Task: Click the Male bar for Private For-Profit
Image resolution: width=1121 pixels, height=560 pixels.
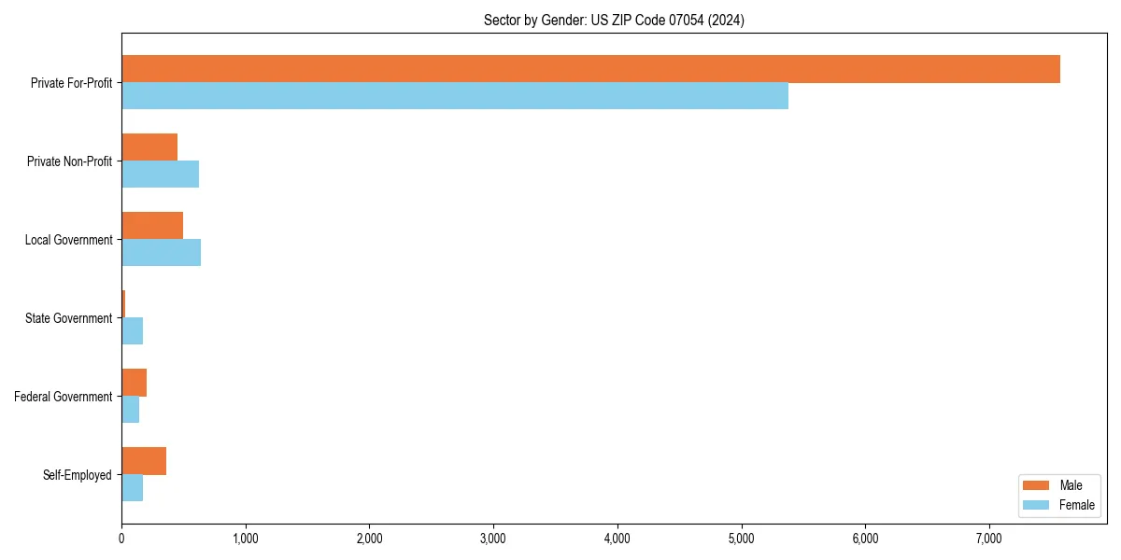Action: pyautogui.click(x=590, y=69)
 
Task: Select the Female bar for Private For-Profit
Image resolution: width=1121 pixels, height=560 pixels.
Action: pyautogui.click(x=455, y=96)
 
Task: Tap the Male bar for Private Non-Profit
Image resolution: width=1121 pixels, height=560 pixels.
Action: pyautogui.click(x=149, y=147)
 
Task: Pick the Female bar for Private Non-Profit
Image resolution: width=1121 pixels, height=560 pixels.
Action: pyautogui.click(x=160, y=175)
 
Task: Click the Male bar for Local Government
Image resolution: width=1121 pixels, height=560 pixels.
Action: pyautogui.click(x=152, y=226)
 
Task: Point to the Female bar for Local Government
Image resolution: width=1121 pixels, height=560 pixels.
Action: pyautogui.click(x=161, y=253)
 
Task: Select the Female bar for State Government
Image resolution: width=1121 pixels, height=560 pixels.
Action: pyautogui.click(x=132, y=331)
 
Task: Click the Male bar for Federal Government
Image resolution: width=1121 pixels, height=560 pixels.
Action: pyautogui.click(x=134, y=383)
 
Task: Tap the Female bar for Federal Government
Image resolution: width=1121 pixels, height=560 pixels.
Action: pyautogui.click(x=130, y=410)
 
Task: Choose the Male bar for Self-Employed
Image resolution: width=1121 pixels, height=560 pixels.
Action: pyautogui.click(x=144, y=461)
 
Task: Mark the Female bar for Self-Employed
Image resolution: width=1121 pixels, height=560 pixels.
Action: pyautogui.click(x=132, y=488)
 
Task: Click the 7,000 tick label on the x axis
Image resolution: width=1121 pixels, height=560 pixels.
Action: pyautogui.click(x=988, y=539)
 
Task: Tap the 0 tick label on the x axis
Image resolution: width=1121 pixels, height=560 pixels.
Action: pyautogui.click(x=121, y=539)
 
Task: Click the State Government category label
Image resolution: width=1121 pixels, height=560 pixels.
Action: pyautogui.click(x=68, y=318)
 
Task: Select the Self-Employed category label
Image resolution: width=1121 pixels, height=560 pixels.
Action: pyautogui.click(x=77, y=475)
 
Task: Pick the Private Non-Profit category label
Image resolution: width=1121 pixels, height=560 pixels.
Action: pyautogui.click(x=69, y=161)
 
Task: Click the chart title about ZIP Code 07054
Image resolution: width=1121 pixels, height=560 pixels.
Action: pyautogui.click(x=614, y=20)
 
